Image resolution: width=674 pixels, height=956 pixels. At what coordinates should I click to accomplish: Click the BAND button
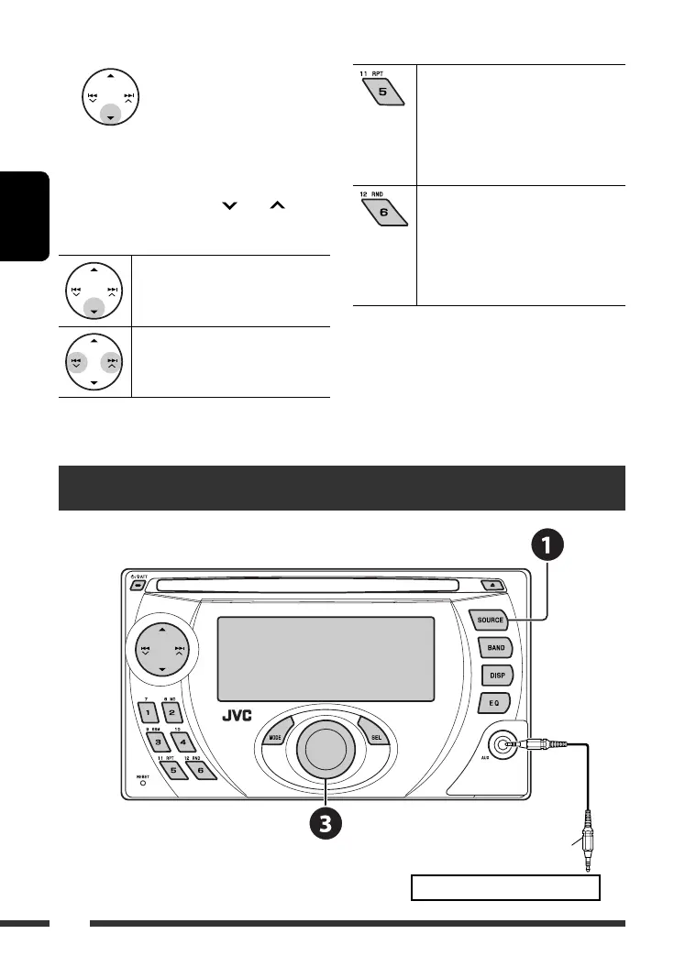point(494,648)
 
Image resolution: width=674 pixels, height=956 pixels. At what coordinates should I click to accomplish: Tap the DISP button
point(494,676)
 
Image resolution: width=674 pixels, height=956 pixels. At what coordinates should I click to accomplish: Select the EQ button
point(492,703)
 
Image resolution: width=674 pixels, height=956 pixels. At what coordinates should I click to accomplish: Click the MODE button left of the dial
point(276,737)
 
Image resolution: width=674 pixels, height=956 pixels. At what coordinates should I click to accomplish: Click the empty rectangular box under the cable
point(505,887)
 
